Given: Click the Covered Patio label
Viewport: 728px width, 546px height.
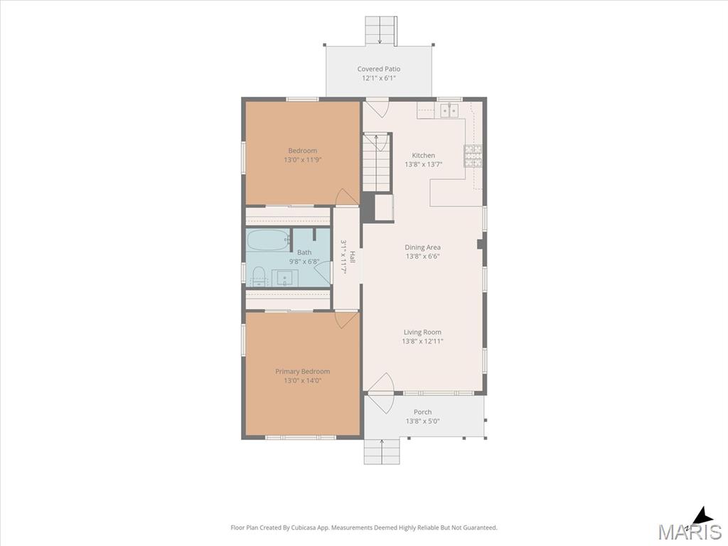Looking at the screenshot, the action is click(x=378, y=69).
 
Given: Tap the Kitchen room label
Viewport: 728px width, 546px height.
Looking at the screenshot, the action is click(x=424, y=156).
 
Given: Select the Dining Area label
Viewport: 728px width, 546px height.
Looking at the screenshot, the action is click(x=422, y=247).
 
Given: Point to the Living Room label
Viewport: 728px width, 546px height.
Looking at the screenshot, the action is click(x=422, y=332).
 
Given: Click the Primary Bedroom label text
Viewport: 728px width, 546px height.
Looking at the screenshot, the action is click(x=303, y=371).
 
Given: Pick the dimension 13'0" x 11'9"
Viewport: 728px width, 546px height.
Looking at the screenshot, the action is click(x=303, y=160).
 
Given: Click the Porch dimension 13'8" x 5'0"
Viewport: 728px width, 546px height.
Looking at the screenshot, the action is click(x=422, y=421).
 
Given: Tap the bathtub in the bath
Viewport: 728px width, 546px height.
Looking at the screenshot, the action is click(x=268, y=240).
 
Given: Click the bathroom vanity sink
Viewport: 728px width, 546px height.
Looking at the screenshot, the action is click(x=284, y=278).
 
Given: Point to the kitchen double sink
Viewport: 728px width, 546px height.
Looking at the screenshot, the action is click(x=449, y=111).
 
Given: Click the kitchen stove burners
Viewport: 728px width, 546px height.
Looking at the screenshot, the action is click(x=473, y=156).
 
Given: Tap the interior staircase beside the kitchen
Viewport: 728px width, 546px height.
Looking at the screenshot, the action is click(x=376, y=162).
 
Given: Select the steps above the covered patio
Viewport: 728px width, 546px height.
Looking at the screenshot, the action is click(x=381, y=31).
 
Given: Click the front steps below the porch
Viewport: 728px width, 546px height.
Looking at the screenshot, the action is click(x=382, y=451).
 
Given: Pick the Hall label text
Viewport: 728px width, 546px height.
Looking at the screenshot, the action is click(x=353, y=257).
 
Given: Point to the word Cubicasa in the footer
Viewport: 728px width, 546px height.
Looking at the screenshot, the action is click(x=304, y=528).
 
